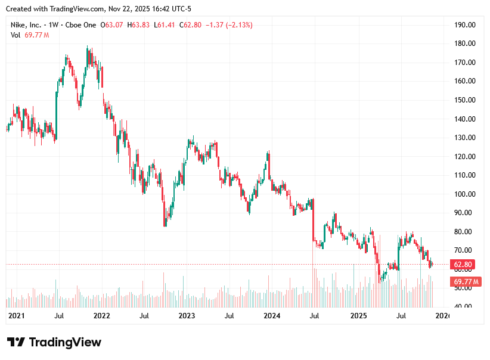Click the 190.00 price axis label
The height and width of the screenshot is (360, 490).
464,25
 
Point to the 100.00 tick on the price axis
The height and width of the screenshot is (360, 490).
464,194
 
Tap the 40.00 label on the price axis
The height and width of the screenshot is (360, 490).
464,306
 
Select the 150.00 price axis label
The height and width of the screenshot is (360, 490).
464,100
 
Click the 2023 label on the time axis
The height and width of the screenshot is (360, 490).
187,315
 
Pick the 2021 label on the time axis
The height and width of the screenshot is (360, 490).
16,315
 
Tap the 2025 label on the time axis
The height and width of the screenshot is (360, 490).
358,315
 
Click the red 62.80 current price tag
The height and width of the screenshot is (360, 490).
463,265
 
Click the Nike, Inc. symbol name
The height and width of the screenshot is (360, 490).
26,25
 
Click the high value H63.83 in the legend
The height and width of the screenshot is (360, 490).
138,25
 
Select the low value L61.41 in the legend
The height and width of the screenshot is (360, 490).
165,25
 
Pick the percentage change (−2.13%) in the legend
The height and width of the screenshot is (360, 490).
237,25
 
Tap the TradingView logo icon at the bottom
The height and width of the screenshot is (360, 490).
16,342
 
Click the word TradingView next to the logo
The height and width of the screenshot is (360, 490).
65,342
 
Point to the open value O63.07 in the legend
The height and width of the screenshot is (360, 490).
111,25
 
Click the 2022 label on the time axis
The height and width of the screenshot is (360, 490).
101,315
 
